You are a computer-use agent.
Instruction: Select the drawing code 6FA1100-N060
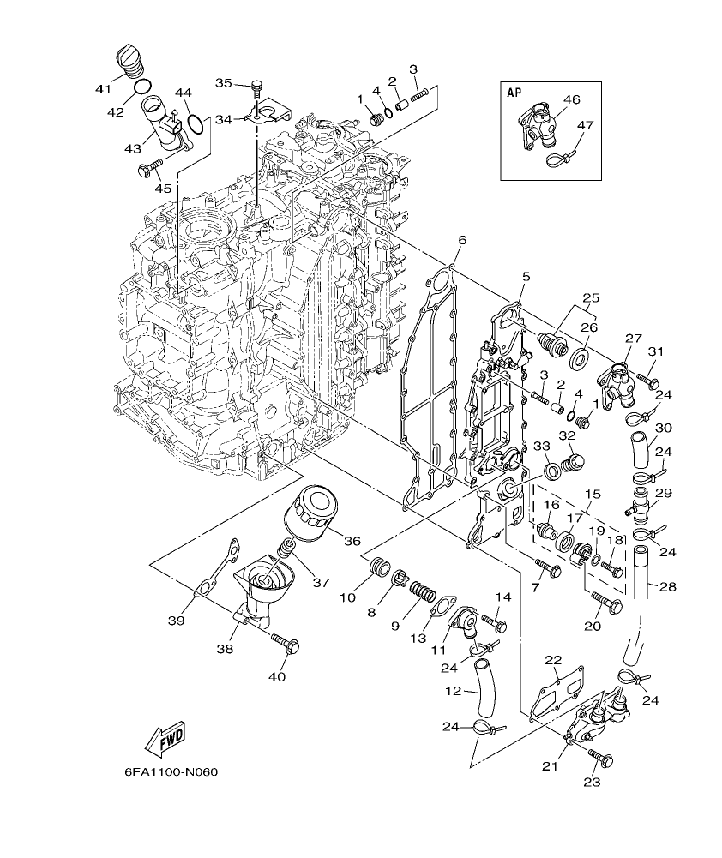(x=171, y=771)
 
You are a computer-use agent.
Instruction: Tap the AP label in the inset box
(x=514, y=92)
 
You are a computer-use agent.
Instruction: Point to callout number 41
(x=104, y=88)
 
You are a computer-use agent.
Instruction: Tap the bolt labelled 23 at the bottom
(x=601, y=757)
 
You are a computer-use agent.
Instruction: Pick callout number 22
(x=553, y=659)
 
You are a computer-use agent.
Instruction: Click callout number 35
(x=224, y=83)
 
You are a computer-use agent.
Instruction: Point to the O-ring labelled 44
(x=196, y=124)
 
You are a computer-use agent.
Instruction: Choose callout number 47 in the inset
(x=585, y=124)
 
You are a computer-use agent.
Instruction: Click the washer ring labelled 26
(x=578, y=355)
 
